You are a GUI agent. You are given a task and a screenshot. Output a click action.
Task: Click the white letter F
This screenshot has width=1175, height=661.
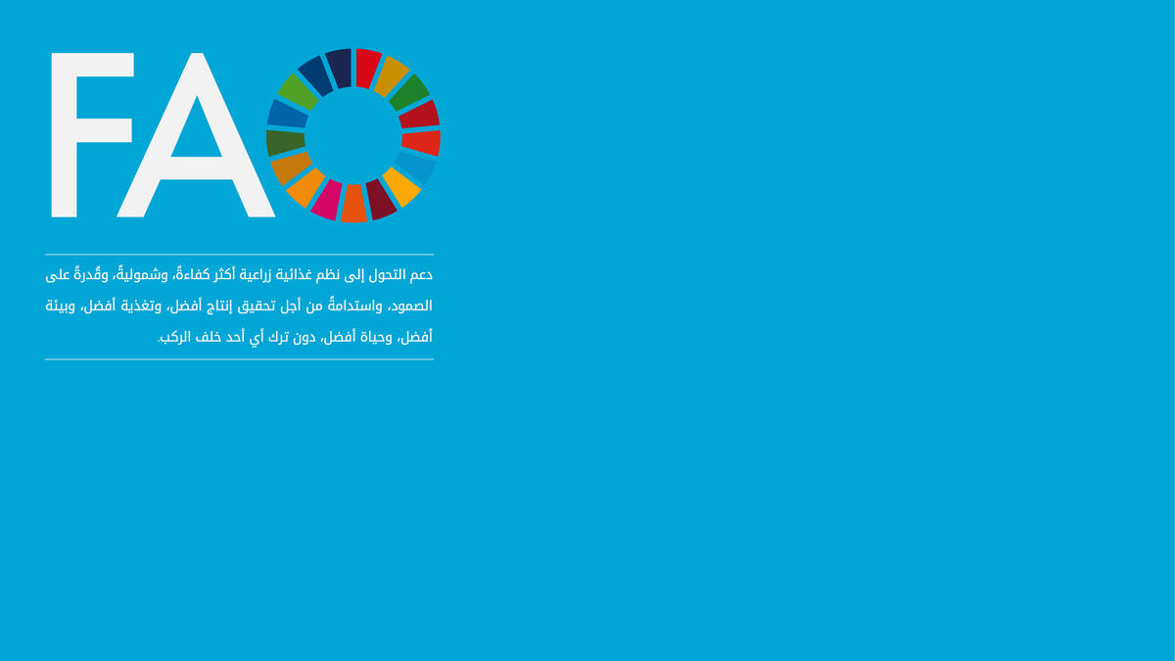pos(65,135)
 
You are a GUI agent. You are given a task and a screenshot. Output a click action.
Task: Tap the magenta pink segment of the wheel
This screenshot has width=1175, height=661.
pos(326,200)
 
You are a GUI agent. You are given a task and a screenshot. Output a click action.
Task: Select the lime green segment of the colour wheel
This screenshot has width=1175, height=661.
pos(298,92)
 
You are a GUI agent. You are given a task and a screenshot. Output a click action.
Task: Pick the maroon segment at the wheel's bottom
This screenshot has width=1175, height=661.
pos(381,200)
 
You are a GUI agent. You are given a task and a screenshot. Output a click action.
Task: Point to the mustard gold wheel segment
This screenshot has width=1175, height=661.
pos(392,76)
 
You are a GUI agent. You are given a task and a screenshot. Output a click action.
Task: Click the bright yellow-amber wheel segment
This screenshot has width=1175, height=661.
pos(401,187)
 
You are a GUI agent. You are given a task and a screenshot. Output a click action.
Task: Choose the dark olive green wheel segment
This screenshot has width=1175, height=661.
pos(285,143)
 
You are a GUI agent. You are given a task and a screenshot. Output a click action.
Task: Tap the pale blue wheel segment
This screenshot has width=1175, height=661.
pos(416,167)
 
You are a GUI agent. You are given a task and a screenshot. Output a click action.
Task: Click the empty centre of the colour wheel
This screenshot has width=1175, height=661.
pos(353,135)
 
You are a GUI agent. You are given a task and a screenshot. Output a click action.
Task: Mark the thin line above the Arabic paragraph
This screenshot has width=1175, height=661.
pos(239,255)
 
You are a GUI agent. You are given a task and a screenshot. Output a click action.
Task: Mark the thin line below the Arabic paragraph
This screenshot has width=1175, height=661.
pos(239,359)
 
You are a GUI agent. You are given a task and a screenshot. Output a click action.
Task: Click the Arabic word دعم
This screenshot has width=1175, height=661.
pos(420,275)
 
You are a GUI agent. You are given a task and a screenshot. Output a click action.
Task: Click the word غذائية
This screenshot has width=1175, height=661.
pos(294,275)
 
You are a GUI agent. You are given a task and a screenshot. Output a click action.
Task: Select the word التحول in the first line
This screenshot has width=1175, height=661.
pos(386,275)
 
